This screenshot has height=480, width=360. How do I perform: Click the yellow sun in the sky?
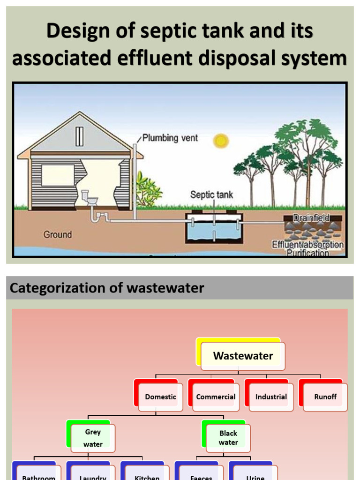(x=220, y=141)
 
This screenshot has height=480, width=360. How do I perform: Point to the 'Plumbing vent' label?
(x=170, y=138)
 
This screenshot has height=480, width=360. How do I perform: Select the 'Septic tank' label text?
(x=211, y=194)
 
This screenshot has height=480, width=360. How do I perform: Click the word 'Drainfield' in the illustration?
(x=311, y=217)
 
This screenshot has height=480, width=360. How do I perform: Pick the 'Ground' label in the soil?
(x=58, y=234)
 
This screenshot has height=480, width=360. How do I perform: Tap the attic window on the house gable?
(x=80, y=136)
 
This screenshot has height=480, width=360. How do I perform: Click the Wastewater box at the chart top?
(x=243, y=356)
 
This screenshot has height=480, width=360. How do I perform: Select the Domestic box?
(x=160, y=397)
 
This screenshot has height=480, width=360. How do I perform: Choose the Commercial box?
(x=216, y=397)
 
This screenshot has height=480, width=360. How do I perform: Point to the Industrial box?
(x=271, y=397)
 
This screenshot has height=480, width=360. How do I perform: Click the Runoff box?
(x=325, y=397)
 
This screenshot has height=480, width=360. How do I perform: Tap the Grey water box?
(x=93, y=438)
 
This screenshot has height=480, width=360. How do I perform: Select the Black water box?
(x=228, y=438)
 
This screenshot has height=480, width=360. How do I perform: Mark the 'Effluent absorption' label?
(x=308, y=245)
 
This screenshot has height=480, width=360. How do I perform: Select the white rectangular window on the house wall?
(x=58, y=175)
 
